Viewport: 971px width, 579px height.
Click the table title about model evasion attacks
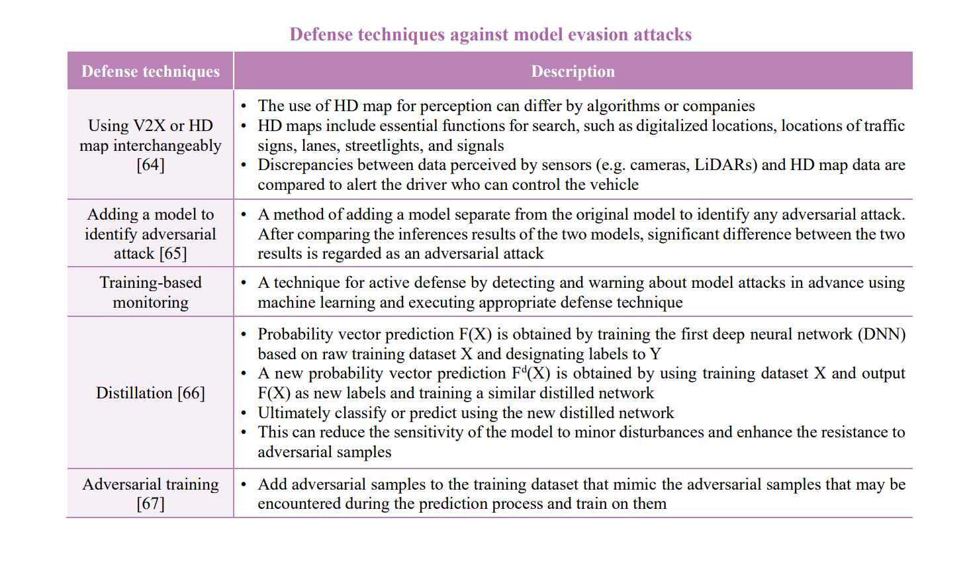(490, 34)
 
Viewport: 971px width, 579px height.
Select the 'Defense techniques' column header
(150, 71)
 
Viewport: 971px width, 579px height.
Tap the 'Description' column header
(573, 71)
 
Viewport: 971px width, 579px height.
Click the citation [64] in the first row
(150, 165)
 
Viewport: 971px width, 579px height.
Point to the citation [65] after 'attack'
(173, 253)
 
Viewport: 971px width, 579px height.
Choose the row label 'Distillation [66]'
(150, 393)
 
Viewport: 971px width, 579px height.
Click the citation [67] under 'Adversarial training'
(150, 504)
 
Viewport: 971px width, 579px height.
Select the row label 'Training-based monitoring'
(150, 292)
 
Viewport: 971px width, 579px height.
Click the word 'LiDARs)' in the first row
(725, 165)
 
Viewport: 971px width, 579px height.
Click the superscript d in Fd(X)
(524, 369)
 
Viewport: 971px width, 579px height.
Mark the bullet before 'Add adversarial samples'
(244, 484)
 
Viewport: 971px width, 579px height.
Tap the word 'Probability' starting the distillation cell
(289, 334)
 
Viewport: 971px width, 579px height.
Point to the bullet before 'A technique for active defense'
(244, 283)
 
